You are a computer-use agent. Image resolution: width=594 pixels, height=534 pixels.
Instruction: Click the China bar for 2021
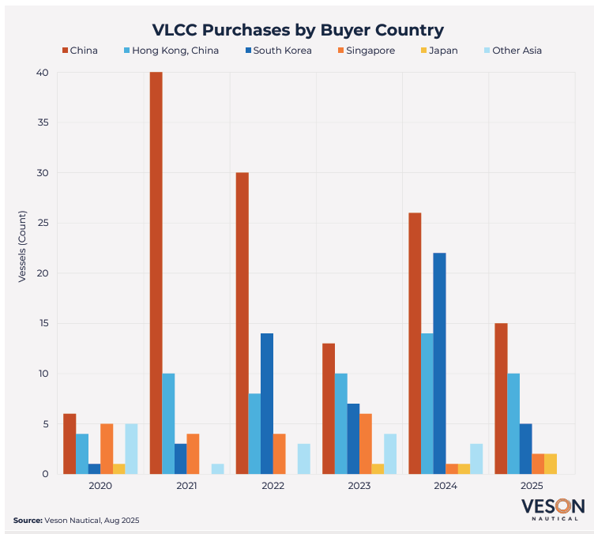pyautogui.click(x=156, y=273)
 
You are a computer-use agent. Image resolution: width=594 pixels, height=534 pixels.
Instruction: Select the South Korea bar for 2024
pyautogui.click(x=440, y=363)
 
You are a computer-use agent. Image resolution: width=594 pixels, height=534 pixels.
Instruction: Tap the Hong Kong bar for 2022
pyautogui.click(x=254, y=434)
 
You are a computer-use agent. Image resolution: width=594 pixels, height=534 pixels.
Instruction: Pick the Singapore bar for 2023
pyautogui.click(x=365, y=444)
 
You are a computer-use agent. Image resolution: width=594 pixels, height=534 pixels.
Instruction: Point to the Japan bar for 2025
pyautogui.click(x=551, y=464)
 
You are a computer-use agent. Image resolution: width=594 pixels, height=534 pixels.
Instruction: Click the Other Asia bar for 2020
pyautogui.click(x=131, y=449)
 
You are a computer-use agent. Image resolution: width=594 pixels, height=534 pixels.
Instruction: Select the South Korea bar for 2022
pyautogui.click(x=267, y=404)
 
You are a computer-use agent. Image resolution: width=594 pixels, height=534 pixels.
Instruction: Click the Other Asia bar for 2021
pyautogui.click(x=217, y=468)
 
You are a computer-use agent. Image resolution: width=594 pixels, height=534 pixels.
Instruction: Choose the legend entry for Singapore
pyautogui.click(x=364, y=51)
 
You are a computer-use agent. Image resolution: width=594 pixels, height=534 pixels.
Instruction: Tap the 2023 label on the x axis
pyautogui.click(x=359, y=487)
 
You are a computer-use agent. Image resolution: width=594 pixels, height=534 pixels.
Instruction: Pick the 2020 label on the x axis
pyautogui.click(x=100, y=487)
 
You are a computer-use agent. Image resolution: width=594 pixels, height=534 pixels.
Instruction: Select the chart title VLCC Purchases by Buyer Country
pyautogui.click(x=298, y=30)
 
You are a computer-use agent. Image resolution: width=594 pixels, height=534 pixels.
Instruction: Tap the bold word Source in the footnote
pyautogui.click(x=27, y=520)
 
